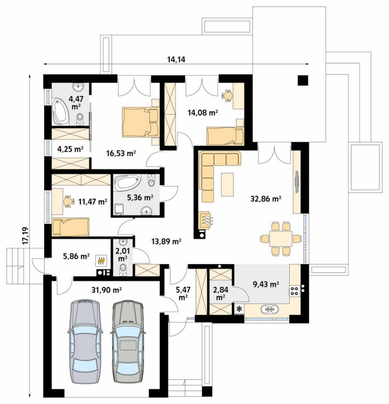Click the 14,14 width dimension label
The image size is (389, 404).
click(x=176, y=60)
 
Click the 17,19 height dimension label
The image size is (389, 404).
click(x=25, y=235)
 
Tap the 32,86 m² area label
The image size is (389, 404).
click(x=266, y=199)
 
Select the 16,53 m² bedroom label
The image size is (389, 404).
click(x=121, y=153)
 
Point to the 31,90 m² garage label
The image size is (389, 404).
click(x=106, y=290)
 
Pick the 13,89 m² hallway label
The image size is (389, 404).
click(x=166, y=242)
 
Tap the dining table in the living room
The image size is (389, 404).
click(x=281, y=239)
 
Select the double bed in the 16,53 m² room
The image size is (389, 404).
click(x=140, y=122)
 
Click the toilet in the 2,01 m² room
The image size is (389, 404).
click(x=123, y=269)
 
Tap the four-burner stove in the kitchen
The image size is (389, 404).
click(x=294, y=291)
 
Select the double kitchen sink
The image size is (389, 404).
click(x=270, y=309)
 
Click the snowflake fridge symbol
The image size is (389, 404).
click(x=239, y=308)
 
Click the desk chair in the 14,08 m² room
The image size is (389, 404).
click(x=227, y=96)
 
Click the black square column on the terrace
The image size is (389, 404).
click(x=303, y=81)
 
